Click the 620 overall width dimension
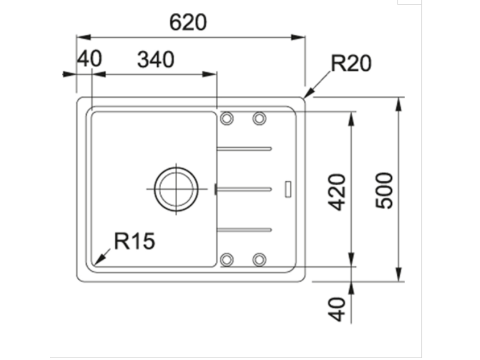(x=188, y=22)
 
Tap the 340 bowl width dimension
(x=156, y=60)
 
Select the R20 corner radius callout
(x=351, y=63)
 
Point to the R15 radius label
(x=135, y=241)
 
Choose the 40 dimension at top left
(x=89, y=60)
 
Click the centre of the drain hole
(x=176, y=188)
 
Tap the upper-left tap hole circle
(x=227, y=118)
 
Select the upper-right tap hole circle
(x=259, y=118)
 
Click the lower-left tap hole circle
(x=227, y=259)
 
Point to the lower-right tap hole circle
(x=259, y=259)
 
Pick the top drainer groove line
(x=244, y=149)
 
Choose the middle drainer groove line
(x=244, y=189)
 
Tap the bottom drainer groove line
(x=244, y=229)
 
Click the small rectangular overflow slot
(x=288, y=188)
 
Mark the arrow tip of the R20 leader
(x=305, y=97)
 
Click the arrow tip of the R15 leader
(x=95, y=264)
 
